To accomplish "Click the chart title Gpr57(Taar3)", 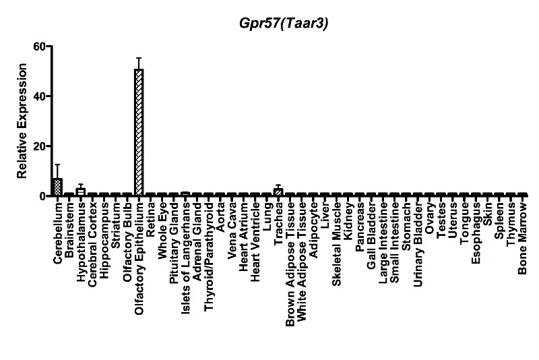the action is click(x=284, y=24).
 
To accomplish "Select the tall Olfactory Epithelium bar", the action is click(x=139, y=132).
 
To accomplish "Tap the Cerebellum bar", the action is click(x=58, y=187).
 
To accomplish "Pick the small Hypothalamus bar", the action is click(x=81, y=192).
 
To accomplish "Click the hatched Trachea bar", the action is click(x=278, y=192).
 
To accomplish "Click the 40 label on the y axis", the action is click(x=40, y=96).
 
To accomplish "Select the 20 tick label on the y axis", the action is click(x=40, y=146).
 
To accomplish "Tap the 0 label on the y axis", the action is click(x=42, y=196).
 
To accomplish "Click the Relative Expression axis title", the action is click(x=22, y=121).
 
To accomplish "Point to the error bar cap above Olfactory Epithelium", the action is click(x=139, y=58).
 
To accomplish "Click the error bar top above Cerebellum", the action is click(x=58, y=164).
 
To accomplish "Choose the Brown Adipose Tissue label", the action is click(x=290, y=264).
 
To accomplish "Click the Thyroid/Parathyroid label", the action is click(x=209, y=257).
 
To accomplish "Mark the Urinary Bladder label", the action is click(x=418, y=245).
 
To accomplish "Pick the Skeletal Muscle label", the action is click(x=336, y=244).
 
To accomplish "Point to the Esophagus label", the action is click(x=476, y=233).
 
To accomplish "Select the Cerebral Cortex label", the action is click(x=92, y=245).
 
